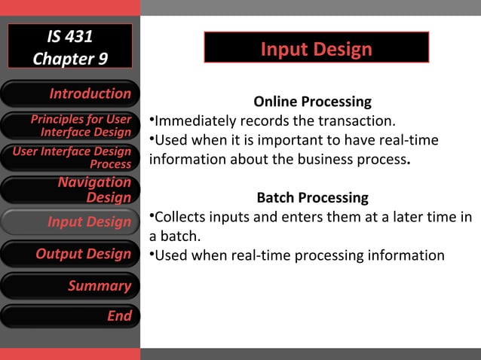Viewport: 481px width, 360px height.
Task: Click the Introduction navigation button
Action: point(70,93)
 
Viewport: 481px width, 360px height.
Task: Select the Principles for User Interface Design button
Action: point(70,126)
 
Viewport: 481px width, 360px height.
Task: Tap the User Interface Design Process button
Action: point(70,157)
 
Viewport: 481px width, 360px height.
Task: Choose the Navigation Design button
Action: point(70,189)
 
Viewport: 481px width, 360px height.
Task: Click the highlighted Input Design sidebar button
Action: point(70,221)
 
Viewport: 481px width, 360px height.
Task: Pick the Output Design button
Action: point(70,254)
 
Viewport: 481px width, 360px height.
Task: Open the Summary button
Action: point(70,285)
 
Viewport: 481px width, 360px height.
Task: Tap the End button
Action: point(70,316)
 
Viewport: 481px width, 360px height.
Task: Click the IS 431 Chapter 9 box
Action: point(70,47)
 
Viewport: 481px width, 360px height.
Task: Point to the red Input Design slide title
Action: point(316,50)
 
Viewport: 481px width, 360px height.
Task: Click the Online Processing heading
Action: point(312,102)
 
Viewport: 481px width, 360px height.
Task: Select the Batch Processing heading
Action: point(312,198)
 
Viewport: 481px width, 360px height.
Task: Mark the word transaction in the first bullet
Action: point(357,121)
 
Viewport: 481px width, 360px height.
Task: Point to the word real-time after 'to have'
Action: point(412,141)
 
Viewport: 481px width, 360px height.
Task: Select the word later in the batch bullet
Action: point(400,218)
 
